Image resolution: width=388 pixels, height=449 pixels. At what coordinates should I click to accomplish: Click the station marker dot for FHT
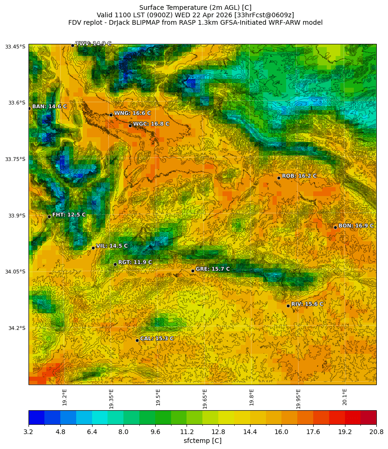[49, 217]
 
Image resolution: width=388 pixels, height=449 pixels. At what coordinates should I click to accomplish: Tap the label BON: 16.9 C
[356, 226]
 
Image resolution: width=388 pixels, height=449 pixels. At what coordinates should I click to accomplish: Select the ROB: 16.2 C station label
[299, 176]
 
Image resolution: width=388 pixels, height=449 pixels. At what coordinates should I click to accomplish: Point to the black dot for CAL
[137, 340]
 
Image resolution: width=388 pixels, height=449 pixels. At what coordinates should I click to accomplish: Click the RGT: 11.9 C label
[135, 262]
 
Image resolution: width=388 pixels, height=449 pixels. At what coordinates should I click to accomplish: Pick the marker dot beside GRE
[193, 271]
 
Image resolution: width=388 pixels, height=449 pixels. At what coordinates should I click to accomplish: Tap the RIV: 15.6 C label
[307, 304]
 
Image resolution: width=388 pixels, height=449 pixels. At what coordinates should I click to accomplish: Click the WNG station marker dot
[111, 115]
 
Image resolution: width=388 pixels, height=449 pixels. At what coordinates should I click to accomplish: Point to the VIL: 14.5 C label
[112, 246]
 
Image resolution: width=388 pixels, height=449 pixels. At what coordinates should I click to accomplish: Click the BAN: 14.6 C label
[50, 106]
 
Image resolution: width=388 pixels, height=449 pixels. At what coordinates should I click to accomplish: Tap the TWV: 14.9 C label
[93, 43]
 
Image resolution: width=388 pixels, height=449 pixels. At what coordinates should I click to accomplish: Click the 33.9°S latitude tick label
[15, 216]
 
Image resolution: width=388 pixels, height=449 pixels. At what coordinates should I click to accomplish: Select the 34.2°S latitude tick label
[15, 328]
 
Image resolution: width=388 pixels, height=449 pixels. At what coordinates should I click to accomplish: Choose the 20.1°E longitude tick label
[345, 397]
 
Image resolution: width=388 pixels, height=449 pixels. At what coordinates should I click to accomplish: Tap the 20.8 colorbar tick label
[376, 432]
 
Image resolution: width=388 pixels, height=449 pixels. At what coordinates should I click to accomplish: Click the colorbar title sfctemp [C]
[202, 441]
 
